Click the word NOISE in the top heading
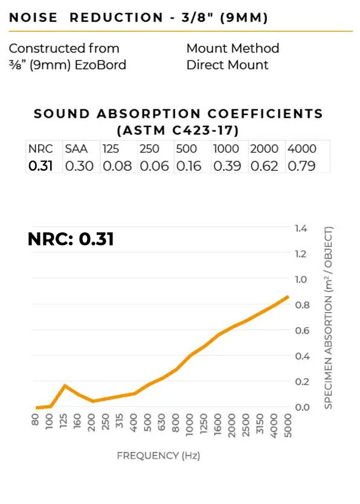(x=33, y=18)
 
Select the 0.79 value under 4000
(x=301, y=166)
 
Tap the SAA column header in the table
(x=76, y=149)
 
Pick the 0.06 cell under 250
(x=154, y=166)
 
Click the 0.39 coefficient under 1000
(x=227, y=166)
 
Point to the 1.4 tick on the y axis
(x=301, y=228)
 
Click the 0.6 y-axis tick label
(x=302, y=330)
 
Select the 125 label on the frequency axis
(x=63, y=421)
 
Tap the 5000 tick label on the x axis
(x=288, y=426)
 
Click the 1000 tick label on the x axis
(x=190, y=425)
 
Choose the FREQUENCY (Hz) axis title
(x=158, y=456)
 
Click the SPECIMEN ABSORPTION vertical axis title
(x=328, y=317)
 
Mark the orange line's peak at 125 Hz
(x=65, y=385)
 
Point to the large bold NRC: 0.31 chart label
(x=71, y=239)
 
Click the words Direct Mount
(x=227, y=65)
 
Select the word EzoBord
(x=100, y=65)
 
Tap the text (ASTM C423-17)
(x=178, y=130)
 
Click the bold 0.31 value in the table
(x=40, y=166)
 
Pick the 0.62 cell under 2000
(x=264, y=166)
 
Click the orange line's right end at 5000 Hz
(x=288, y=297)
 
